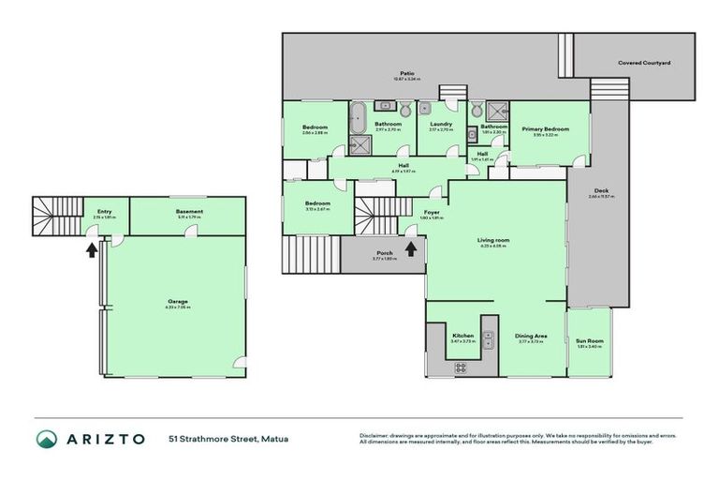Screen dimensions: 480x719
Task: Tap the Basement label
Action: (x=189, y=212)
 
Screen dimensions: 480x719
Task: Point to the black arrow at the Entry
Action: (x=91, y=248)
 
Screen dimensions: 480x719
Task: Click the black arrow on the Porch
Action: (x=410, y=248)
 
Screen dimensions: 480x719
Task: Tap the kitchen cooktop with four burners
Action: (x=462, y=367)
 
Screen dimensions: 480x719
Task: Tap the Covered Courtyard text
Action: (x=644, y=63)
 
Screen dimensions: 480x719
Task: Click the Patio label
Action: (x=407, y=71)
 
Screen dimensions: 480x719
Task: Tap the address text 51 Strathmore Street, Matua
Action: (x=227, y=438)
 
